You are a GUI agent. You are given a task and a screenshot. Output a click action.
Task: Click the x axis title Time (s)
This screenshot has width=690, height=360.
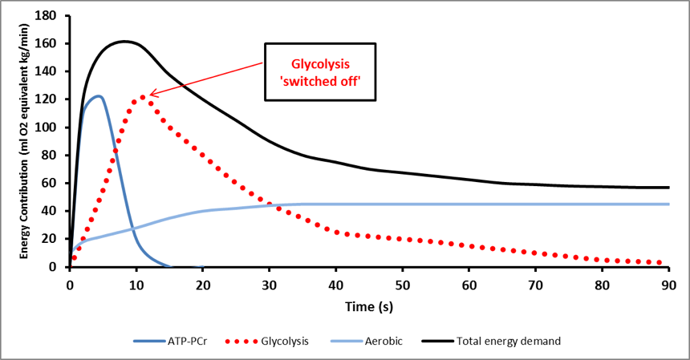pos(368,305)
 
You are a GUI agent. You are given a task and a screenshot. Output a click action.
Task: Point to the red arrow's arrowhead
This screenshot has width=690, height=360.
pos(150,95)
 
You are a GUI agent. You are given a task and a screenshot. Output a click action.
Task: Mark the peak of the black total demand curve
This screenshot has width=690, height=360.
pos(125,41)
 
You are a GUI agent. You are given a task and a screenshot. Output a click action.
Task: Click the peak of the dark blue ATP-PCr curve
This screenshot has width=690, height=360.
pos(98,96)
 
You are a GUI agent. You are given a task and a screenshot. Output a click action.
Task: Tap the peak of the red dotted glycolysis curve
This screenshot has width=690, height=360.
pos(143,97)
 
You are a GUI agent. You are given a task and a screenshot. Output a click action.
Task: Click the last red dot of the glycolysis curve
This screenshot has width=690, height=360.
pos(659,262)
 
